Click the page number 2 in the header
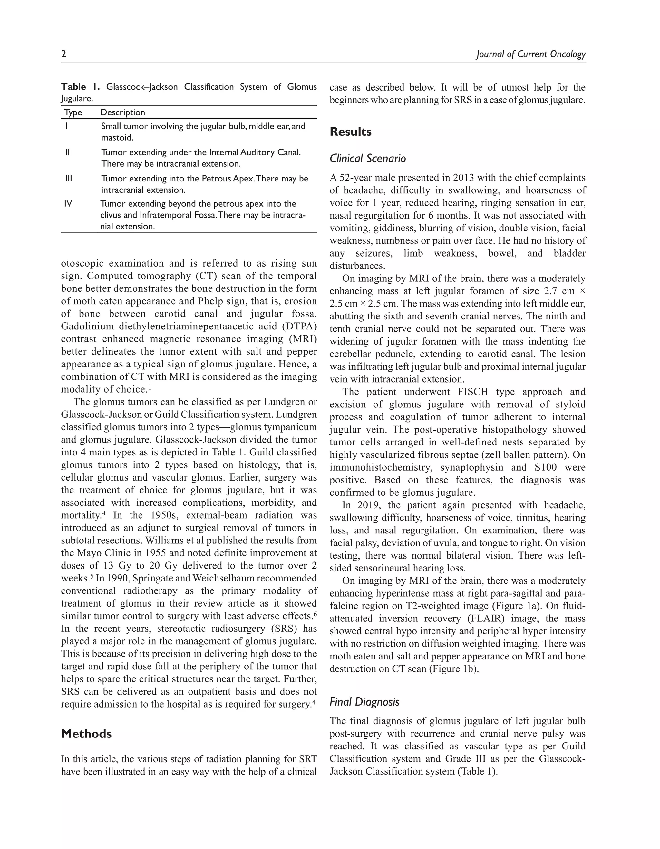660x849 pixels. pos(64,54)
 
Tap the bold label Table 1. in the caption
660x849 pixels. pos(81,87)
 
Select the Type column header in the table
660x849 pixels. pos(73,112)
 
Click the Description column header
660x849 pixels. pos(122,112)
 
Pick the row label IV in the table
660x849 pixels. pos(68,204)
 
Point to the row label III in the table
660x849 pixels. pos(68,179)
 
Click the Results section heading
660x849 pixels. pos(350,132)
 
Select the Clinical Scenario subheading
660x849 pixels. pos(367,159)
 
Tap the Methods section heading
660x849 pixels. pos(86,734)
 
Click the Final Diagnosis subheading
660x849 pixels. pos(364,702)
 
